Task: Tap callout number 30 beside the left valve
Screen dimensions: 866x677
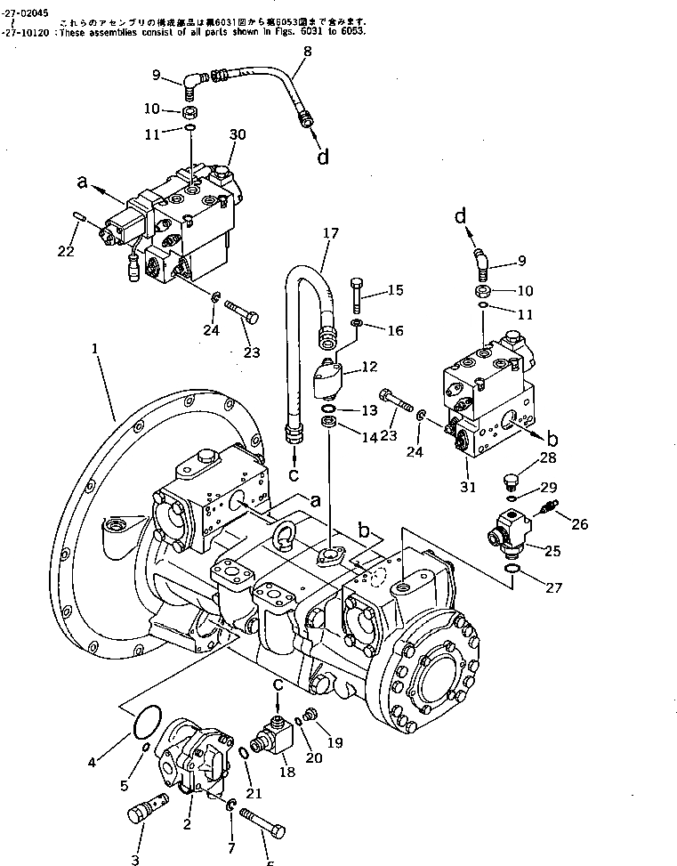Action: pos(237,133)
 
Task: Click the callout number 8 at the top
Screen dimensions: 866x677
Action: pos(307,52)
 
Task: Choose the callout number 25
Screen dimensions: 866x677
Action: pos(552,551)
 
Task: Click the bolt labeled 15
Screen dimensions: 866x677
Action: pos(357,295)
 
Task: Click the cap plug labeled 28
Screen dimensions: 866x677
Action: pos(511,483)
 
